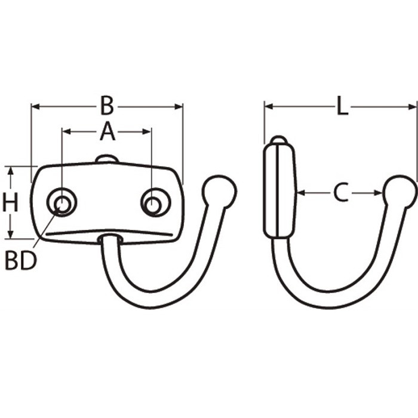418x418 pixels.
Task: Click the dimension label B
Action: coord(107,106)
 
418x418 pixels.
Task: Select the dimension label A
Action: coord(107,131)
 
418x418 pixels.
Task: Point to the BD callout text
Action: coord(21,261)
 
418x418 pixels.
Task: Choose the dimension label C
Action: coord(340,192)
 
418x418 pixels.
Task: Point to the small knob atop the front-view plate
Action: coord(107,159)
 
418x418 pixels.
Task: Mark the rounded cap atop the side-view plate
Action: coord(279,140)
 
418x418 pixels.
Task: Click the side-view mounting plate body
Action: coord(279,191)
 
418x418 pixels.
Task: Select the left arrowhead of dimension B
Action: coord(35,107)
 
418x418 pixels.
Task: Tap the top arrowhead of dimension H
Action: coord(10,170)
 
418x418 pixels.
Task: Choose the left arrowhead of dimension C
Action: coord(301,192)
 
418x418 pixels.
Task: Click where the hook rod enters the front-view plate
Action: coord(110,239)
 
